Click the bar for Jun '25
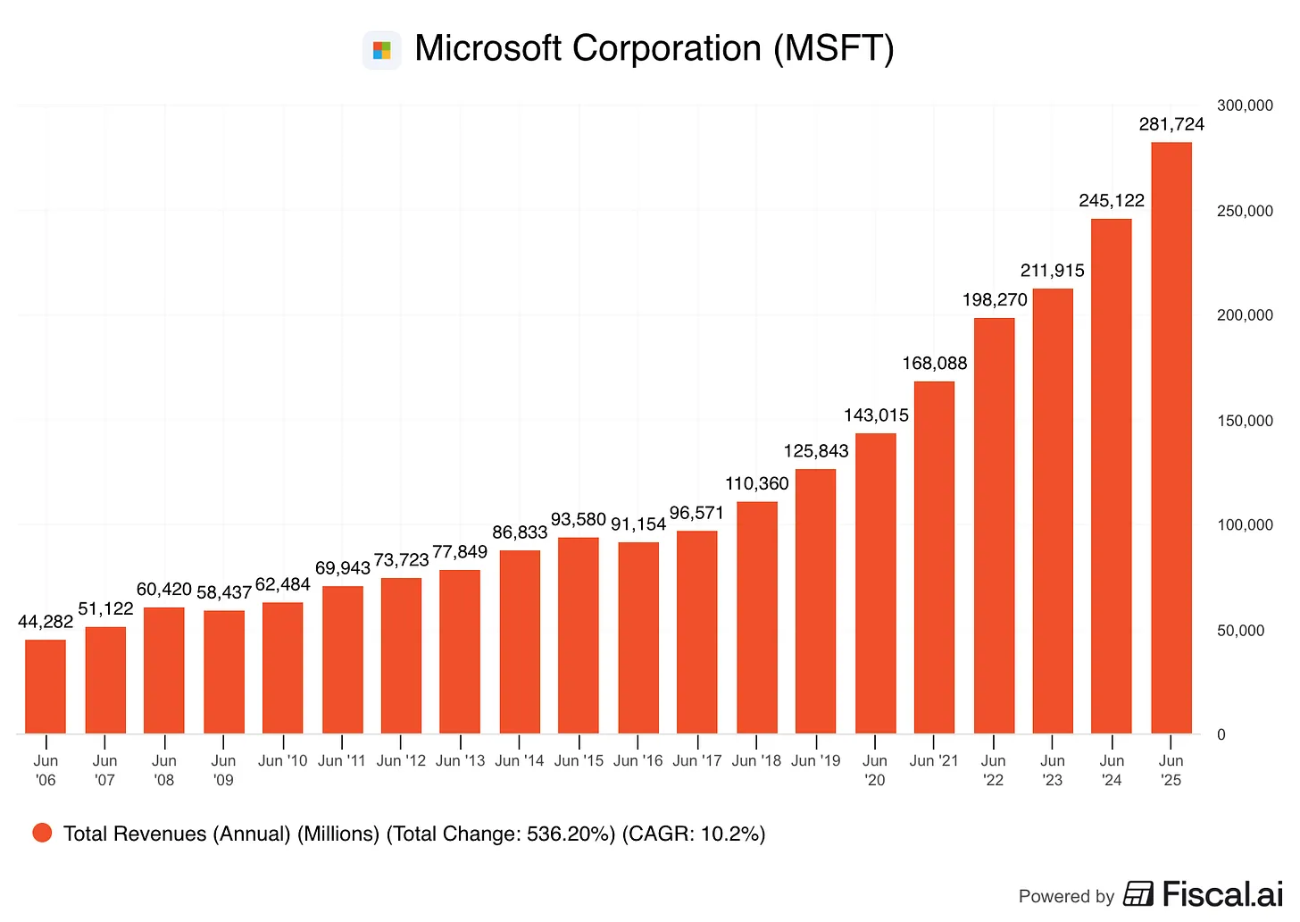pos(1171,438)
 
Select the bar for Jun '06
pos(46,686)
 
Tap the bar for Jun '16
pos(638,638)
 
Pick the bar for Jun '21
pos(934,557)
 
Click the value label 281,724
pos(1171,124)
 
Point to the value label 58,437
pos(224,592)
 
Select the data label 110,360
pos(756,483)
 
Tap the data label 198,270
pos(995,299)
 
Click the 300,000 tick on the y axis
pos(1245,105)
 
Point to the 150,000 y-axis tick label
pos(1245,421)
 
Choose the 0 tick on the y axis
pos(1221,734)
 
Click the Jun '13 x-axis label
pos(460,760)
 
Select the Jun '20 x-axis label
pos(875,770)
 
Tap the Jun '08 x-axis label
pos(164,770)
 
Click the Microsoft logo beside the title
pos(382,50)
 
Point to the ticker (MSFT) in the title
pos(833,48)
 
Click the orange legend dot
pos(42,833)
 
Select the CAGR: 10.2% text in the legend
pos(694,834)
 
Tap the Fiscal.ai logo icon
pos(1138,893)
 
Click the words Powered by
pos(1066,896)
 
